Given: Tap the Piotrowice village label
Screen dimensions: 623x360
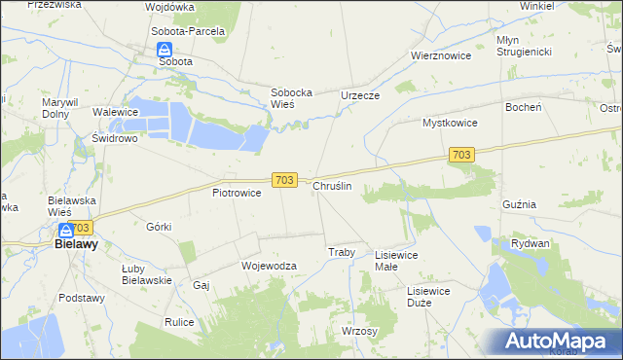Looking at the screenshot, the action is click(x=237, y=193).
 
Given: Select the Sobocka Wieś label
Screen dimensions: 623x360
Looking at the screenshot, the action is click(x=290, y=98).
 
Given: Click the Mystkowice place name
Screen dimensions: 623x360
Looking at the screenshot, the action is click(x=449, y=124).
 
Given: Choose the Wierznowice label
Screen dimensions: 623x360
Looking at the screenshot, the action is click(x=441, y=55).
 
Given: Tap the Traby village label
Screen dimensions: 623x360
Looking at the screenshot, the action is click(x=341, y=252).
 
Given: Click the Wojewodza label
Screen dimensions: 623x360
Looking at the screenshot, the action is click(x=268, y=265).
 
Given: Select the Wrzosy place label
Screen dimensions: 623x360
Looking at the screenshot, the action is click(x=359, y=331).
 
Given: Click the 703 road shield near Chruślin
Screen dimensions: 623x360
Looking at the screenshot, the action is click(x=283, y=180).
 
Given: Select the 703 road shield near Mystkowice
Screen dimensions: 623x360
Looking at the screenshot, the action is click(x=462, y=155).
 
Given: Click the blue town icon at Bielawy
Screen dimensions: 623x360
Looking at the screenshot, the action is click(x=65, y=231).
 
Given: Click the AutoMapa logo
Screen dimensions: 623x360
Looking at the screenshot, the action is click(x=558, y=342).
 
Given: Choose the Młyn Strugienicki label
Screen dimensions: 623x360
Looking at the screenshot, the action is click(x=525, y=45).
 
